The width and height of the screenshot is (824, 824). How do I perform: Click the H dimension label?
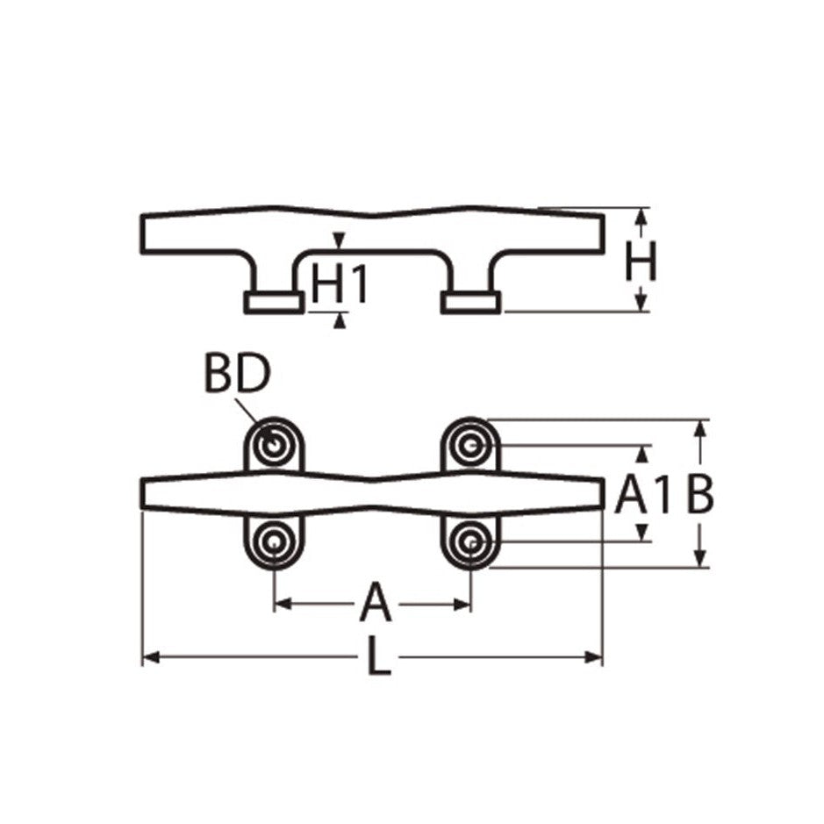point(641,261)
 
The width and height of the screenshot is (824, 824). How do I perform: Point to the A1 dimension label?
point(643,495)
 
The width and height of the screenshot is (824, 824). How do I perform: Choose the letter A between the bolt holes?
point(376,602)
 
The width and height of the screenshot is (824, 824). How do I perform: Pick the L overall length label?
point(378,656)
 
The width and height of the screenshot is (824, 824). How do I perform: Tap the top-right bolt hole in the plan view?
point(470,446)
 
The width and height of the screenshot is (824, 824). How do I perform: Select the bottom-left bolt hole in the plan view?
point(274,541)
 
